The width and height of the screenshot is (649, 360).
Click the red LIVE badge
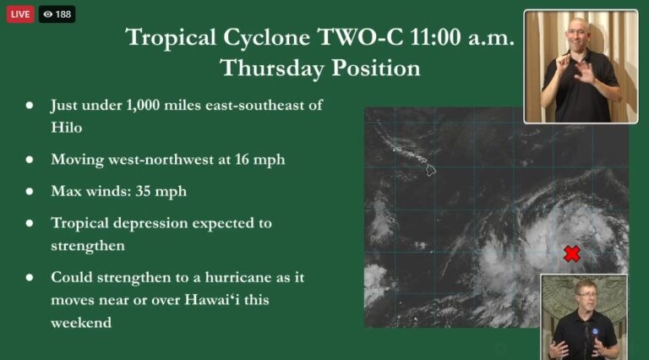click(x=20, y=14)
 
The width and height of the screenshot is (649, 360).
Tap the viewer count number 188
click(x=63, y=14)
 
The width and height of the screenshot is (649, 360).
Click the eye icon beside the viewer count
click(x=48, y=14)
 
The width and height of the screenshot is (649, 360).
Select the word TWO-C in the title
click(x=360, y=37)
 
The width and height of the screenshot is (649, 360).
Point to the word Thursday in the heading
click(x=272, y=68)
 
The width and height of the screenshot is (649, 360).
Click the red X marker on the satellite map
click(x=571, y=254)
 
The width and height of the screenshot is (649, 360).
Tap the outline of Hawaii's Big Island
click(x=431, y=170)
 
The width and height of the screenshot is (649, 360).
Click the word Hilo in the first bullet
click(x=66, y=128)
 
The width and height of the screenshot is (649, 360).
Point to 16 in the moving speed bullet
click(x=243, y=160)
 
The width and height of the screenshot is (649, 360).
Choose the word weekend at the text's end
click(x=81, y=322)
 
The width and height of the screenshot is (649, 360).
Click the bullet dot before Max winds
click(x=30, y=191)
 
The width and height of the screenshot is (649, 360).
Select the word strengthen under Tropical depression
click(x=88, y=245)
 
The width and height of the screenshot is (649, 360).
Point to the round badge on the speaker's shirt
click(x=595, y=331)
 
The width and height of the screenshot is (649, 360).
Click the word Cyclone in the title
click(x=266, y=38)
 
